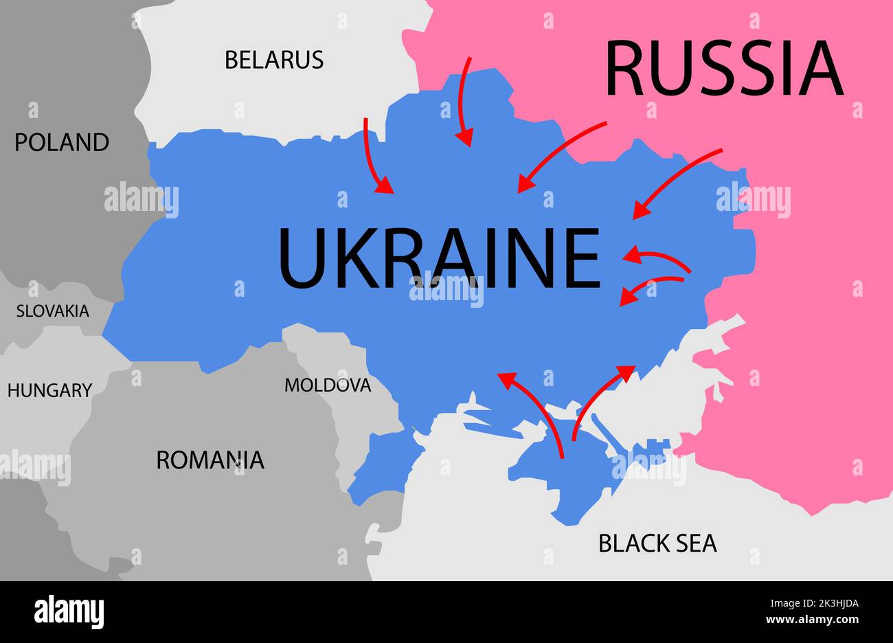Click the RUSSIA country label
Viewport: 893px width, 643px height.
723,69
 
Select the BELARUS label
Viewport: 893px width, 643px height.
274,60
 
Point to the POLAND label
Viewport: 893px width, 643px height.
62,142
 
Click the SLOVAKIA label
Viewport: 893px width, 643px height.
53,311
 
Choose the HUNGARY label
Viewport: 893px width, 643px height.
49,390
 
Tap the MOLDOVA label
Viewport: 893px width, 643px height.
328,385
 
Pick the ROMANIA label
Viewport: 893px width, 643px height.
210,460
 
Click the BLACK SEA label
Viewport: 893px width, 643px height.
657,543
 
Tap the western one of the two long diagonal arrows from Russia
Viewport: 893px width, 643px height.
560,157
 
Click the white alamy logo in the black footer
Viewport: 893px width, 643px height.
69,611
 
